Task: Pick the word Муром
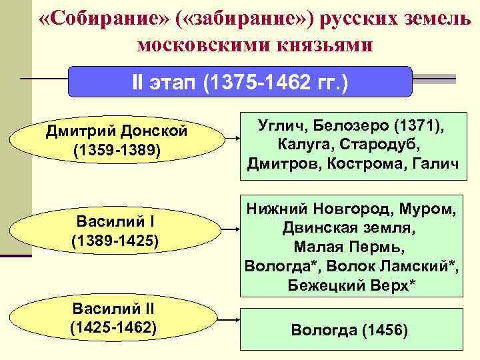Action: (426, 210)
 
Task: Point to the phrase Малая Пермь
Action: (350, 247)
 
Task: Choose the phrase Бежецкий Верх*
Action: (350, 285)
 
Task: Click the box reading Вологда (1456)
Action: (349, 330)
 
